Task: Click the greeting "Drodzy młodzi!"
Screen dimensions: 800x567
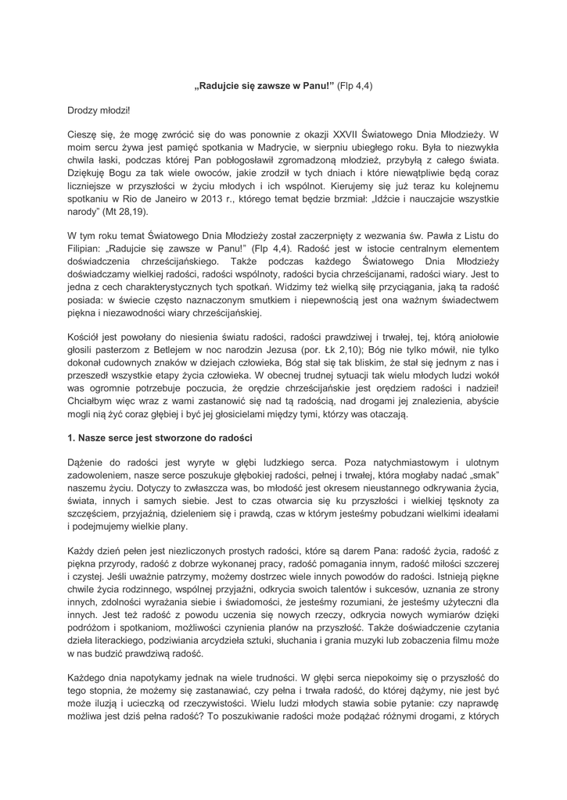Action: tap(99, 111)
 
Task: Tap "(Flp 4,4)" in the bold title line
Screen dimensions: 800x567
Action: tap(354, 85)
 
